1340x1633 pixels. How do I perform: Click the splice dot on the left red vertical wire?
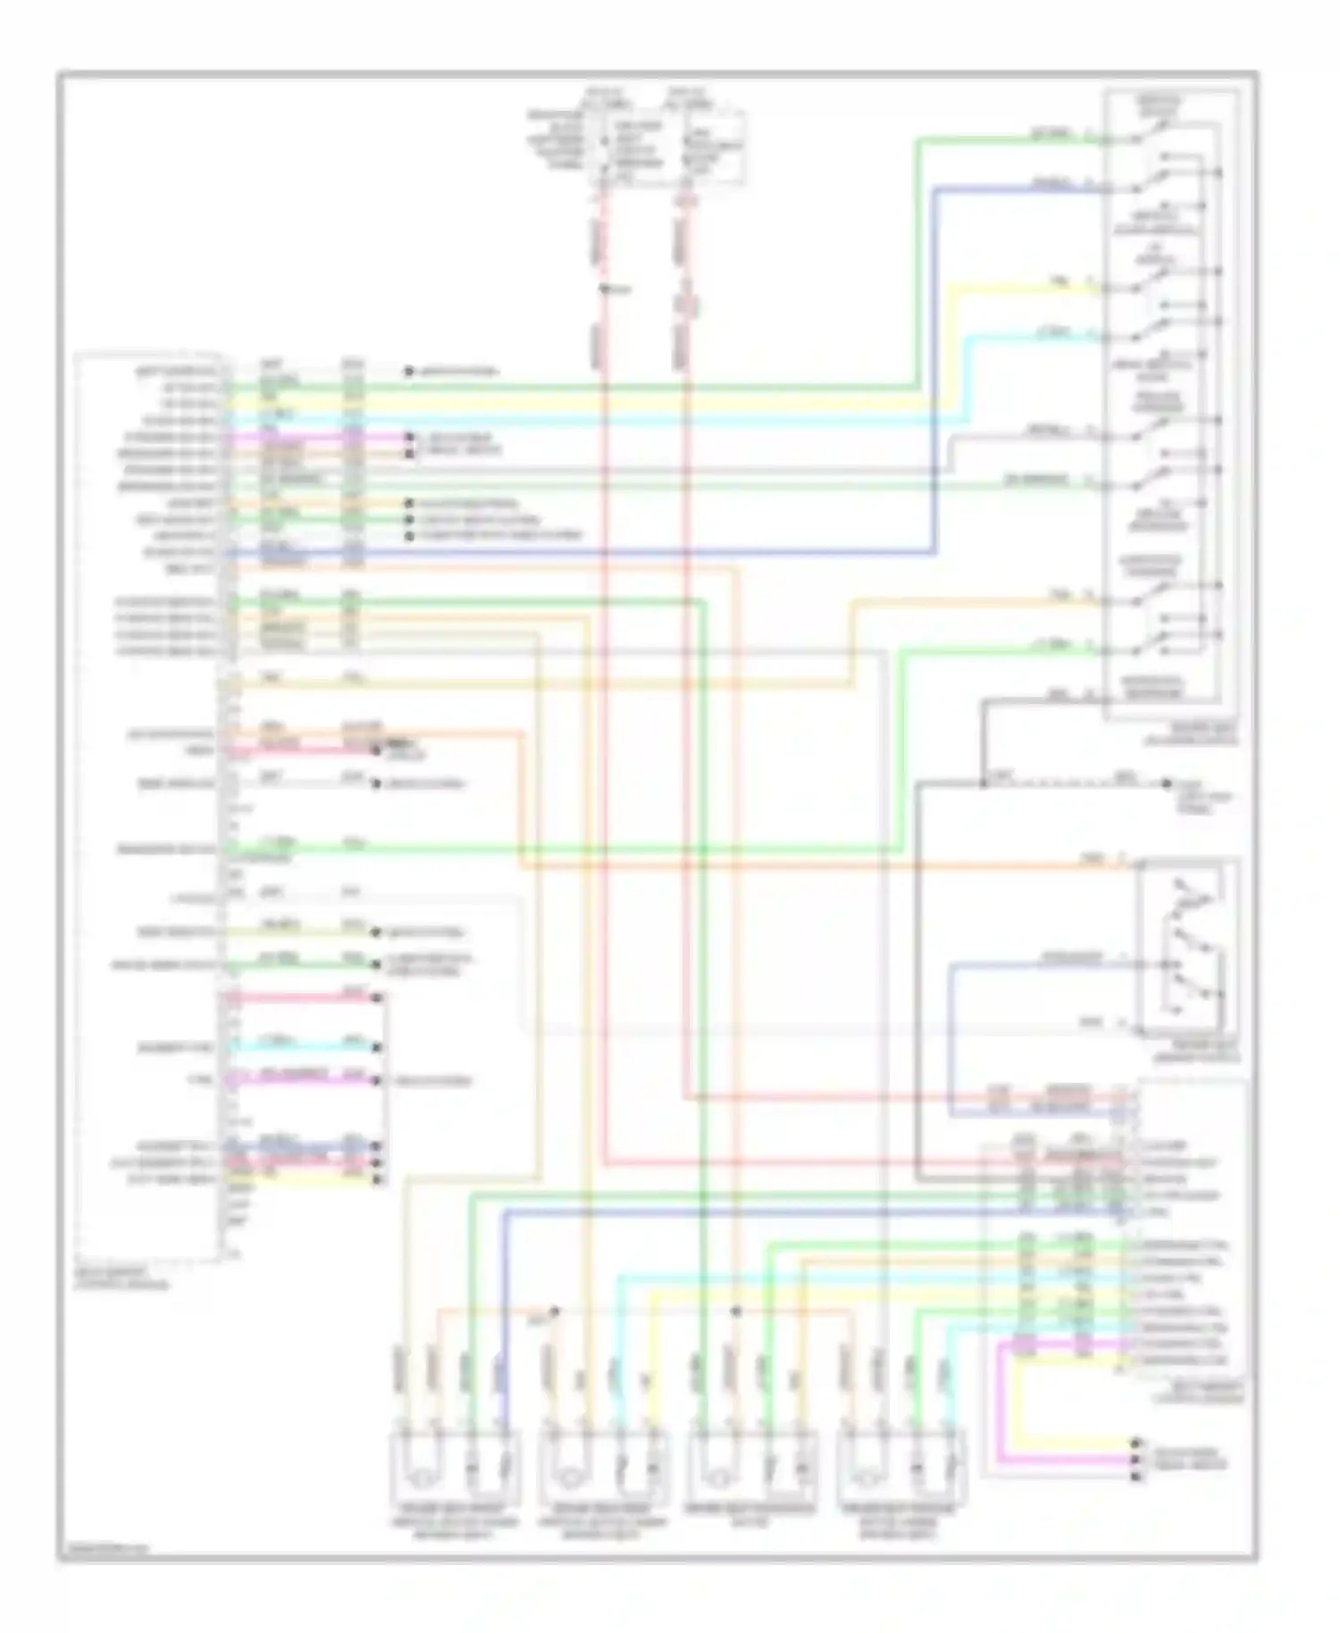point(605,289)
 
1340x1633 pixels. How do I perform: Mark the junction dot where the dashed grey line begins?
point(982,784)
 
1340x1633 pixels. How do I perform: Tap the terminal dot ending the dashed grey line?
point(1166,783)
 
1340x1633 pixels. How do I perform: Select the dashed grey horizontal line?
point(1072,784)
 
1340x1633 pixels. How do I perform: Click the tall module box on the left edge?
point(150,804)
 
